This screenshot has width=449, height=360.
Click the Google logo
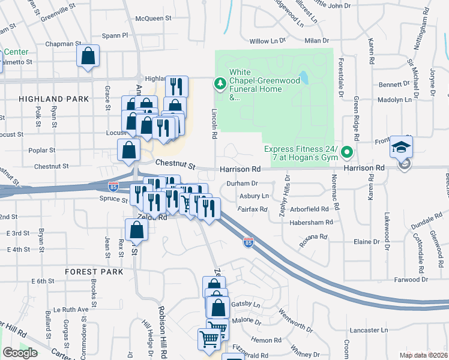click(20, 353)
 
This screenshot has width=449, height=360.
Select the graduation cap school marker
click(401, 146)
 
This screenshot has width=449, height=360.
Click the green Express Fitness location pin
click(346, 154)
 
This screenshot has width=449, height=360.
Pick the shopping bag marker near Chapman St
click(88, 57)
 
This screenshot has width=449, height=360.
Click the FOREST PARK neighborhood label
click(94, 272)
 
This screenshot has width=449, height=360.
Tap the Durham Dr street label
click(243, 184)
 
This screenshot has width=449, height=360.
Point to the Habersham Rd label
click(311, 222)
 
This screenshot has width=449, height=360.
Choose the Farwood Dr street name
click(410, 280)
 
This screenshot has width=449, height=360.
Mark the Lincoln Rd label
click(214, 124)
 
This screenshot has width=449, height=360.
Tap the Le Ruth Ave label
click(71, 310)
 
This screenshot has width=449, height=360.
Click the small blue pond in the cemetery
click(304, 77)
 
